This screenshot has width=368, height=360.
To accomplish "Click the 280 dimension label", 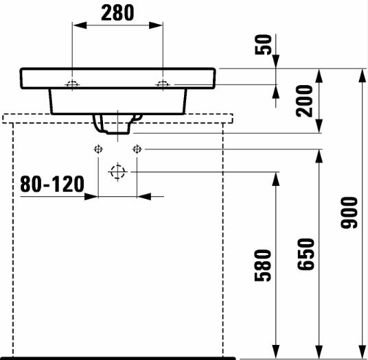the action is (117, 13).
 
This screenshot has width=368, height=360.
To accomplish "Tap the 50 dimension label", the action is (264, 45).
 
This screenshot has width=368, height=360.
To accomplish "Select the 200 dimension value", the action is (304, 101).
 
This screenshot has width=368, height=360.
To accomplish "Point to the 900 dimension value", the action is (349, 213).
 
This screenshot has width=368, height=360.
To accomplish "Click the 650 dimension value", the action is (306, 254).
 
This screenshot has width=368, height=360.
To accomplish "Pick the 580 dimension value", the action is (263, 265).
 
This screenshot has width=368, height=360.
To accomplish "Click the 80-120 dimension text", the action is (52, 184).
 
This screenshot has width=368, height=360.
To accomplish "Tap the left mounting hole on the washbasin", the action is (72, 84).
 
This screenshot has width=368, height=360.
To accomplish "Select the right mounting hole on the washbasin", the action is (163, 84).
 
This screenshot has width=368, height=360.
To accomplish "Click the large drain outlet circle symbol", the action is (117, 172).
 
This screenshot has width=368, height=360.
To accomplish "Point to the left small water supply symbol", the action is (98, 149).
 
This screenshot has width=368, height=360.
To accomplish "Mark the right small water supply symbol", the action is (137, 149).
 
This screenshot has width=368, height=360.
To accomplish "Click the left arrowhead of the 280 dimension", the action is (80, 25).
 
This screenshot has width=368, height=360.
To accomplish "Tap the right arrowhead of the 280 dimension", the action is (156, 25).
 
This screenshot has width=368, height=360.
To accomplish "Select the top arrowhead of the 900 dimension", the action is (362, 75).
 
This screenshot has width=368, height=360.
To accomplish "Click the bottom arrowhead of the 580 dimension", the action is (276, 352).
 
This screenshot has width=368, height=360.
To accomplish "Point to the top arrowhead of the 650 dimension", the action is (319, 156).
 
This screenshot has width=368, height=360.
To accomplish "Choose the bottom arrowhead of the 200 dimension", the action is (319, 126).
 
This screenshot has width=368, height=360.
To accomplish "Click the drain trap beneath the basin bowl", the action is (117, 124).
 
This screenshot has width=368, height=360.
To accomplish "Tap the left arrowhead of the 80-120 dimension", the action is (91, 196).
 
